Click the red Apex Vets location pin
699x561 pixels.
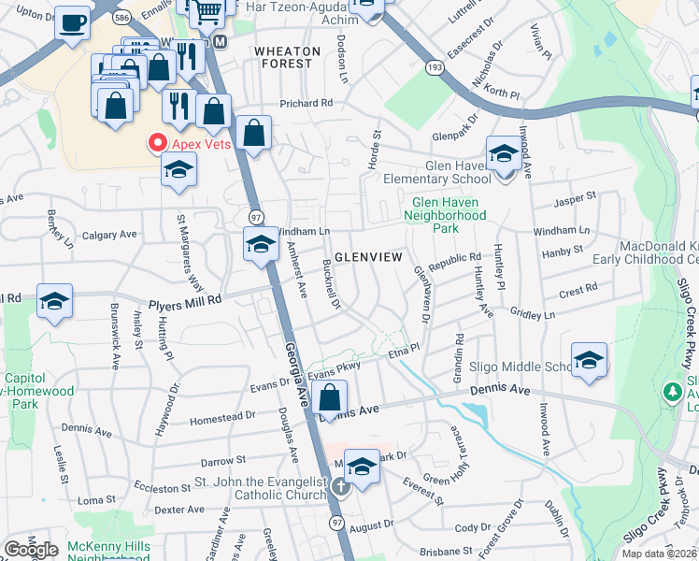click(157, 143)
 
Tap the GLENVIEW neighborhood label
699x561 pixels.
click(368, 256)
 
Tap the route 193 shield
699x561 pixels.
click(434, 68)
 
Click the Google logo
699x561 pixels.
click(32, 550)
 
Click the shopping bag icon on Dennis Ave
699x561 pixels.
click(330, 397)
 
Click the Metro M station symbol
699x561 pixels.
click(221, 42)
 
